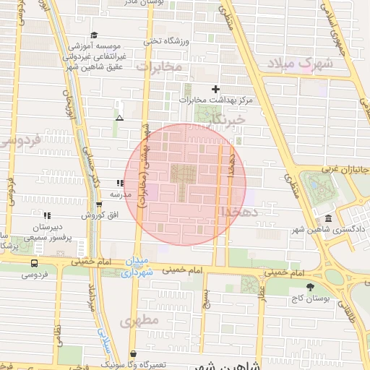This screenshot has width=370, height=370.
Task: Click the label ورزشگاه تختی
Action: click(165, 40)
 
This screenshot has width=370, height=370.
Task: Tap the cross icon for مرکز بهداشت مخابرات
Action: click(215, 88)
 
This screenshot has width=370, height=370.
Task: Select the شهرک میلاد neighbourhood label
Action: click(300, 64)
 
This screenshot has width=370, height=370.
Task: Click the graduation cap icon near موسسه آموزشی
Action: click(93, 35)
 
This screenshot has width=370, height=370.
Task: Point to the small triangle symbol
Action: click(119, 118)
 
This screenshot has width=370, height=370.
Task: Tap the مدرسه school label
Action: click(119, 195)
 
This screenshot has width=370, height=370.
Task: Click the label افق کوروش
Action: click(94, 215)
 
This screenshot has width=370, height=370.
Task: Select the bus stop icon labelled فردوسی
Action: click(35, 264)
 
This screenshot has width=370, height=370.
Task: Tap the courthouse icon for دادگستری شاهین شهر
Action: click(329, 218)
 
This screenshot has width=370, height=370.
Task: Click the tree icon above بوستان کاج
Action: click(311, 286)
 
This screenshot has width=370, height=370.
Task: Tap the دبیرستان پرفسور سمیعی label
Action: click(49, 231)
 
